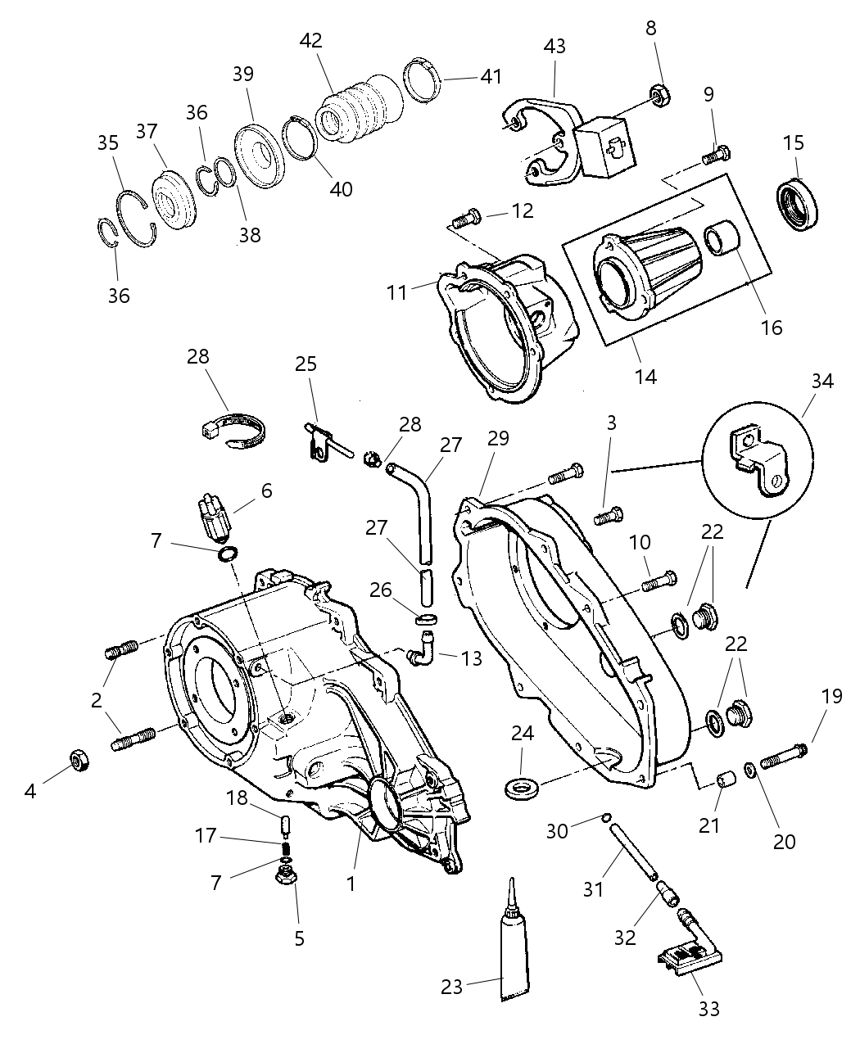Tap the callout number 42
click(x=310, y=40)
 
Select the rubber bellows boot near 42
click(x=360, y=109)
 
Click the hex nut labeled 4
click(x=79, y=761)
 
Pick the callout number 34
click(x=822, y=382)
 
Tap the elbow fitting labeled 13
click(x=420, y=649)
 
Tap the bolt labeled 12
click(x=466, y=218)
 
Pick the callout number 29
click(x=498, y=439)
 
